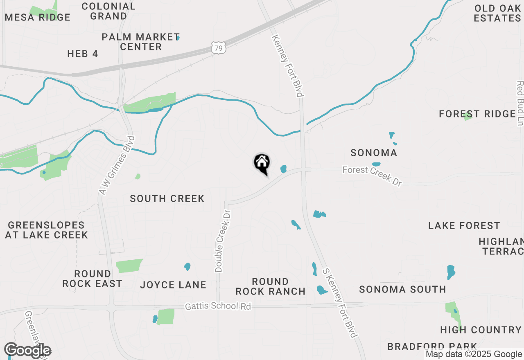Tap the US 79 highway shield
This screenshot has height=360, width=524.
coord(218,48)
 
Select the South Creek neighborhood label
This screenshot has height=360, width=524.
coord(167,199)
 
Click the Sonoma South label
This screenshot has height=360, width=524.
coord(402,290)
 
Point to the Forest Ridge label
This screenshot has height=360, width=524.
coord(477,114)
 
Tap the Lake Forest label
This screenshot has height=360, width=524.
coord(464,226)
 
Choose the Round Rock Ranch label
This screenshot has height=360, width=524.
coord(270,286)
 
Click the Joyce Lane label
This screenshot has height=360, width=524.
coord(173,285)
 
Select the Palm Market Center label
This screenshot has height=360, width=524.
coord(140,42)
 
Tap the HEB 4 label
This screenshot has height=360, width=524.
coord(83,54)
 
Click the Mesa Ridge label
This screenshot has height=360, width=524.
coord(38,17)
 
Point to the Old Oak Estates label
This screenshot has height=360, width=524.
coord(497,13)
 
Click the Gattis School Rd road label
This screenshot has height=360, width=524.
coord(218,306)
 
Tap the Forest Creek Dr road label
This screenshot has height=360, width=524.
coord(372,175)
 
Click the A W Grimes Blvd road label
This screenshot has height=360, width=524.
coord(117,165)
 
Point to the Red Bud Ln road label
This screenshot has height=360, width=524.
coord(520,103)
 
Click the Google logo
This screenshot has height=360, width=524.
coord(27,351)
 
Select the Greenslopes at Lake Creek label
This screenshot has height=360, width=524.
coord(46,230)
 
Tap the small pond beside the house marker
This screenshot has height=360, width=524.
coord(283,169)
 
